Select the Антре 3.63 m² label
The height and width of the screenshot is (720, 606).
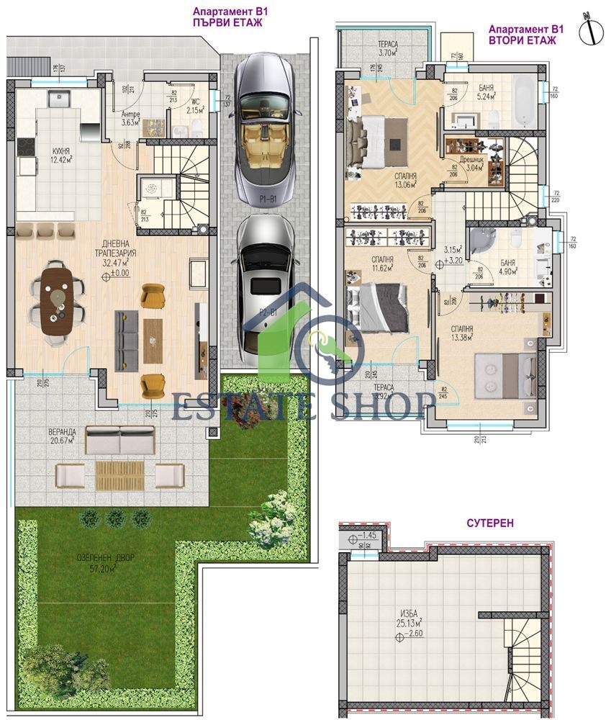coord(130,117)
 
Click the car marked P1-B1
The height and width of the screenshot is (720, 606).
coord(264,130)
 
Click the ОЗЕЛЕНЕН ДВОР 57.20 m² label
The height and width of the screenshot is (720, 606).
coord(107,562)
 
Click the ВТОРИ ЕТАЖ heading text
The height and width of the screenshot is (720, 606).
coord(532,40)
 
